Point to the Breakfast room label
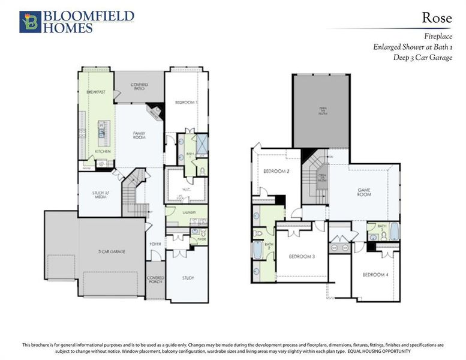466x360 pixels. pyautogui.click(x=96, y=92)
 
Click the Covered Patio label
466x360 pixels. pyautogui.click(x=139, y=88)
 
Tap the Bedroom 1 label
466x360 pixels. pyautogui.click(x=186, y=103)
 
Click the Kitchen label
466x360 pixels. pyautogui.click(x=103, y=151)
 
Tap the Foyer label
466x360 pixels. pyautogui.click(x=155, y=244)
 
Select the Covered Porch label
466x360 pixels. pyautogui.click(x=155, y=280)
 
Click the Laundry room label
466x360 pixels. pyautogui.click(x=191, y=211)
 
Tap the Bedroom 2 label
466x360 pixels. pyautogui.click(x=277, y=172)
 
